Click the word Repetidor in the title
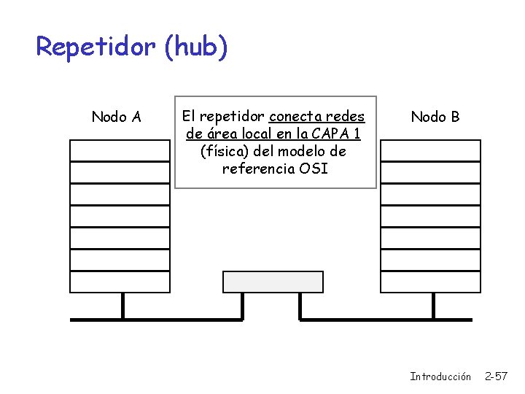pyautogui.click(x=96, y=47)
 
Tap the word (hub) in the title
pyautogui.click(x=196, y=47)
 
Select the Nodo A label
pyautogui.click(x=116, y=117)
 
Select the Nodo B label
pyautogui.click(x=435, y=117)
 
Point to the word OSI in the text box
pyautogui.click(x=314, y=169)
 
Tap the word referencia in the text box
pyautogui.click(x=257, y=169)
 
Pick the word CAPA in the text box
pyautogui.click(x=331, y=134)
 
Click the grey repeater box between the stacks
pyautogui.click(x=273, y=282)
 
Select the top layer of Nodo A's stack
pyautogui.click(x=120, y=150)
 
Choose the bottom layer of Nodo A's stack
pyautogui.click(x=120, y=282)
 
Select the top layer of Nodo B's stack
pyautogui.click(x=431, y=150)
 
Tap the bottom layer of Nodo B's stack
pyautogui.click(x=431, y=282)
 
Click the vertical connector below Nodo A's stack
pyautogui.click(x=122, y=306)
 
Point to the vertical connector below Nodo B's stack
pyautogui.click(x=433, y=306)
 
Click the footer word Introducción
pyautogui.click(x=440, y=376)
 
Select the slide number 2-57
pyautogui.click(x=497, y=376)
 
